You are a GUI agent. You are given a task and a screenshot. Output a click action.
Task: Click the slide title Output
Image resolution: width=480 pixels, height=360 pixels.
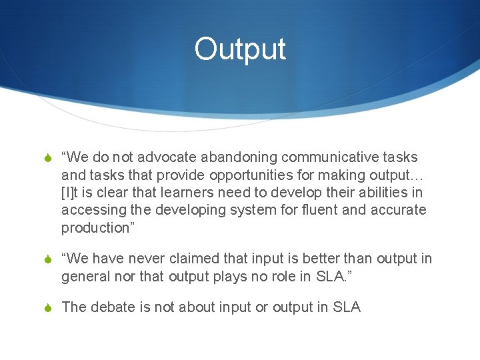point(240,49)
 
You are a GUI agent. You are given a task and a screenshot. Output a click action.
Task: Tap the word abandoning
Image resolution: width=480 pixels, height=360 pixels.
point(238,158)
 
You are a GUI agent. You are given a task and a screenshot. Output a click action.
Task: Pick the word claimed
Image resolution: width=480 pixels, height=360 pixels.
point(201,259)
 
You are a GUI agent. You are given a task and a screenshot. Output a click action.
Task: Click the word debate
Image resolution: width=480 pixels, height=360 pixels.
point(111,307)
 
